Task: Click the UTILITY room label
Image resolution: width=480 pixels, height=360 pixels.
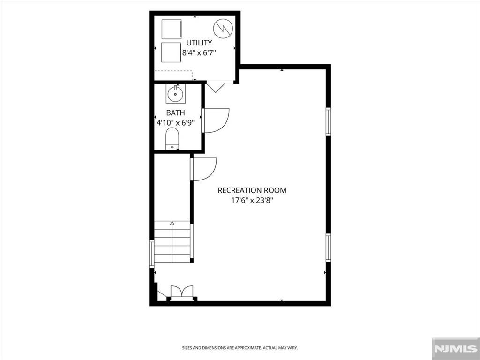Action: tap(199, 43)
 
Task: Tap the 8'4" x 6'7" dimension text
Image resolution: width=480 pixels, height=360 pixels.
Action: tap(199, 52)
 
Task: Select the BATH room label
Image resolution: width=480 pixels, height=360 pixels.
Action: tap(175, 112)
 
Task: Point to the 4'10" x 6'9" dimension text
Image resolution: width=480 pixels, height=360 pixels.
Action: tap(175, 123)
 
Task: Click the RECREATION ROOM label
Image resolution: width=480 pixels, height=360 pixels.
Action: tap(252, 190)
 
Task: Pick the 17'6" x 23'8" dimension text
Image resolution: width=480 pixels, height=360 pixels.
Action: tap(252, 201)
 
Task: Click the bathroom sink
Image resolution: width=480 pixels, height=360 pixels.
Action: tap(175, 93)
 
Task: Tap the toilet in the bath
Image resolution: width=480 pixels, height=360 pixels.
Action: tap(172, 139)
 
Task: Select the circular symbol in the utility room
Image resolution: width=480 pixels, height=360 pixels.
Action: tap(223, 29)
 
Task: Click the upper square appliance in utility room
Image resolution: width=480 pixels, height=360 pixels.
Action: tap(172, 30)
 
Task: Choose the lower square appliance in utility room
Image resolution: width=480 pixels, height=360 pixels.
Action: tap(171, 52)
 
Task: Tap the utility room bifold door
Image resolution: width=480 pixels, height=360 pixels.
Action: tap(216, 87)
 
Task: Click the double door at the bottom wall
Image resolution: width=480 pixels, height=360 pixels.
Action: tap(182, 292)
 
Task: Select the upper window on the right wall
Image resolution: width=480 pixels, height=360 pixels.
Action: tap(329, 121)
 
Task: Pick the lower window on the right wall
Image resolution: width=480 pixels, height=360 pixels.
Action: tap(329, 247)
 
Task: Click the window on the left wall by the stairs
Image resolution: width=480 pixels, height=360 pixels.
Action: tap(151, 254)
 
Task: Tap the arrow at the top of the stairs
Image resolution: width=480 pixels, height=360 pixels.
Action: tap(172, 224)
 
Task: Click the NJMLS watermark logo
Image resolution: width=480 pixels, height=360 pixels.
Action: tap(456, 348)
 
